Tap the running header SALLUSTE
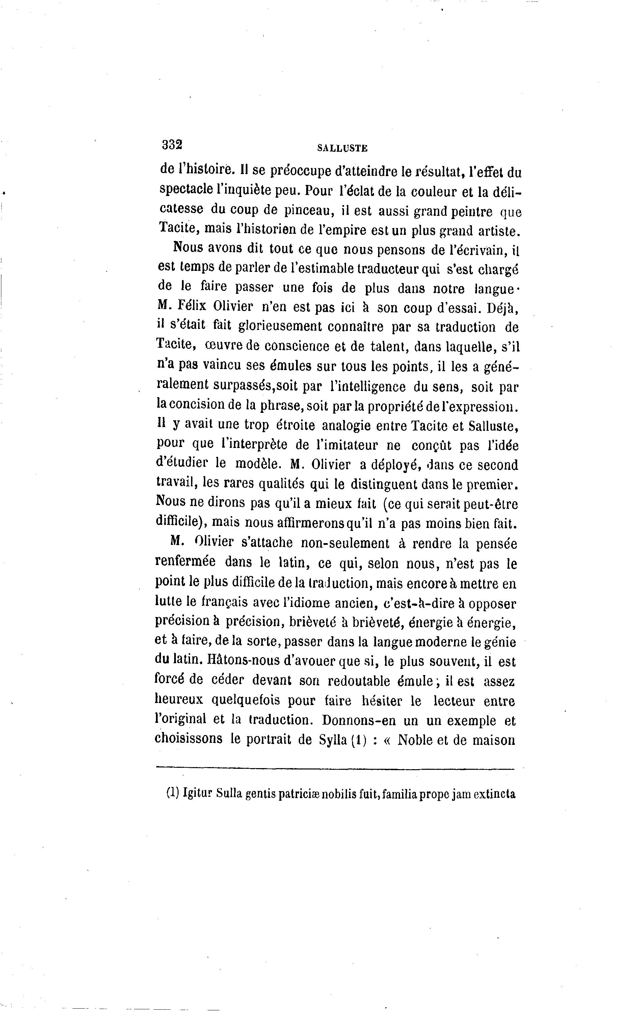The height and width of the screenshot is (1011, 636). tap(342, 148)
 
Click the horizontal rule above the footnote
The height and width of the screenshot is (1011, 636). tap(335, 769)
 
